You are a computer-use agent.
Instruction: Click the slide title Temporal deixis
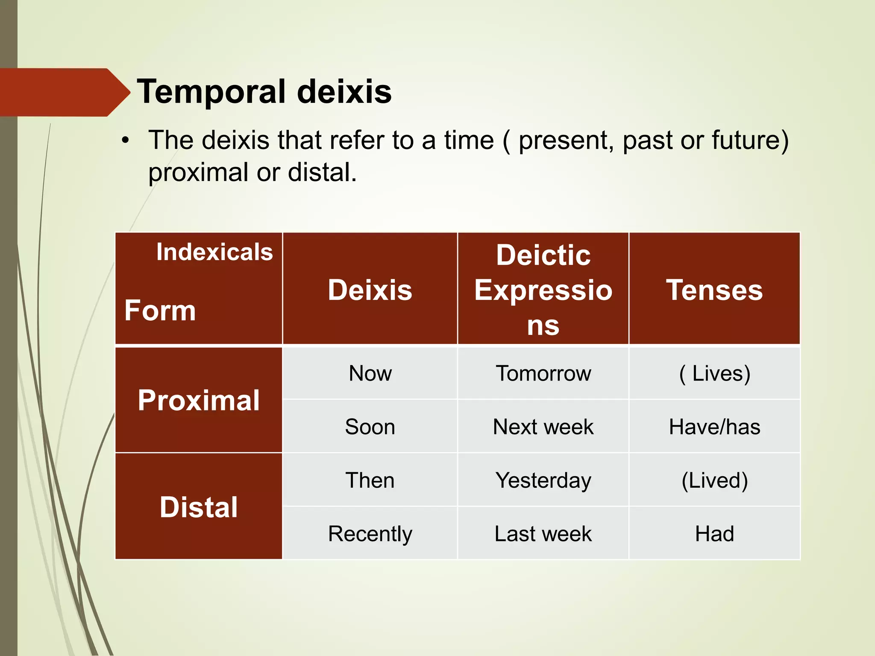coord(264,92)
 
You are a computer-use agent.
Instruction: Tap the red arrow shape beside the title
coord(64,92)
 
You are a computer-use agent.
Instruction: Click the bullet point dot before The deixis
coord(125,141)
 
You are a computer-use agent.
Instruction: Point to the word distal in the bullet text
coord(321,173)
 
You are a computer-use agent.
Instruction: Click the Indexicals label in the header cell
coord(214,252)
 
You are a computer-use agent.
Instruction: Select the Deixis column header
coord(370,290)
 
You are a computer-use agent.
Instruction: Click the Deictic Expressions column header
coord(543,290)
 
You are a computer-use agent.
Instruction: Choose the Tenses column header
coord(714,290)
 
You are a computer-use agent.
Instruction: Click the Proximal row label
coord(199,400)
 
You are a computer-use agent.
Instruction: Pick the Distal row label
coord(199,507)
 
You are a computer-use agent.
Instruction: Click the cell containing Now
coord(370,373)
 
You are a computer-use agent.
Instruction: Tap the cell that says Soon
coord(370,427)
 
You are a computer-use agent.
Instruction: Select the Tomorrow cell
coord(543,373)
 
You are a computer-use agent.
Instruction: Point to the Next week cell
coord(543,427)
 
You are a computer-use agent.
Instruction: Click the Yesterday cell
coord(543,480)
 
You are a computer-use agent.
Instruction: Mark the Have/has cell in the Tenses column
coord(714,427)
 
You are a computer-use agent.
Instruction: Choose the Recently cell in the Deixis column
coord(370,533)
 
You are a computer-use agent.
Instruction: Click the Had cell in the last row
coord(714,533)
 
